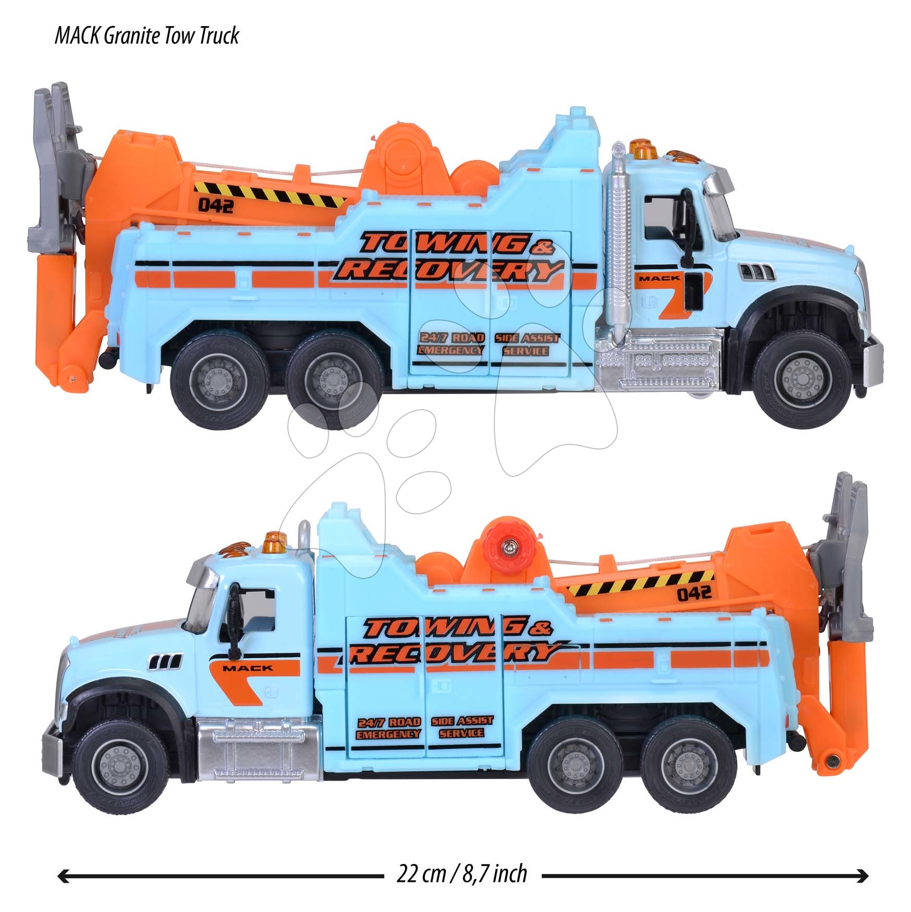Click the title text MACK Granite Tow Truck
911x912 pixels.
147,35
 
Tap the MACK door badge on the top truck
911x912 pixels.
659,278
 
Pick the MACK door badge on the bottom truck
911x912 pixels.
247,668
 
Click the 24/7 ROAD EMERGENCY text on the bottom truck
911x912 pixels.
388,728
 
